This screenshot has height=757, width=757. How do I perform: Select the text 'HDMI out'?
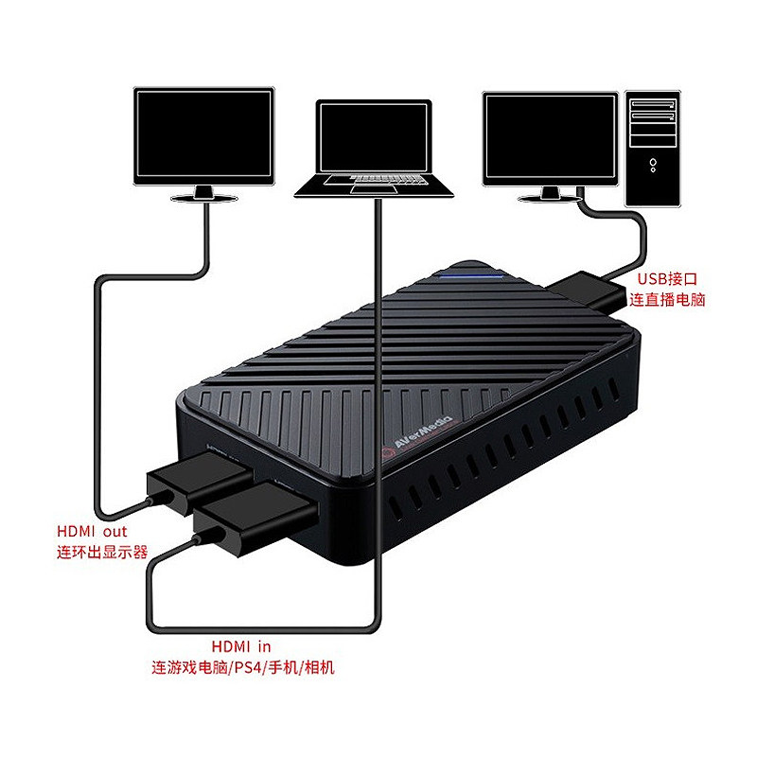click(92, 532)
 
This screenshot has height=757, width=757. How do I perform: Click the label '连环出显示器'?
click(102, 552)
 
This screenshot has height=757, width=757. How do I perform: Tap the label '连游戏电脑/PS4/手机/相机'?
click(243, 668)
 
